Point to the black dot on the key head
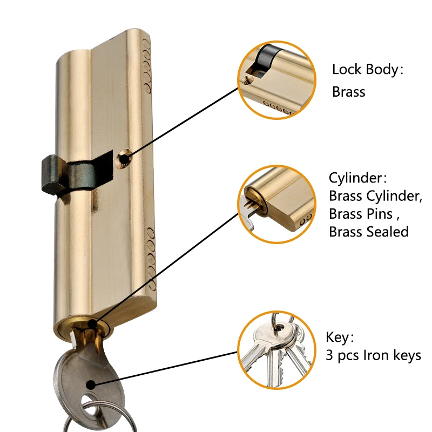click(91, 384)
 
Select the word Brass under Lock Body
click(348, 92)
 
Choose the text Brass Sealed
click(368, 232)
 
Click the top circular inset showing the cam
click(276, 80)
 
